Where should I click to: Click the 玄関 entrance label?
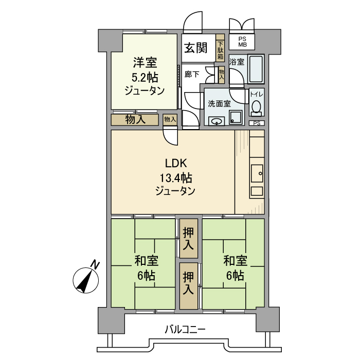(195, 48)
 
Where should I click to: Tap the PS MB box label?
(242, 42)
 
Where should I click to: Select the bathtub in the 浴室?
(256, 69)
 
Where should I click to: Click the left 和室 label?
(146, 261)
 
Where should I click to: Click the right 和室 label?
(235, 261)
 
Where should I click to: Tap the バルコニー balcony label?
(185, 329)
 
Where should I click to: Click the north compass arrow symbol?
(86, 279)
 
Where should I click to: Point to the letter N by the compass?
(95, 264)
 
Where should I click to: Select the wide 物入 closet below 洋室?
(135, 119)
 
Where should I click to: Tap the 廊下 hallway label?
(191, 74)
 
